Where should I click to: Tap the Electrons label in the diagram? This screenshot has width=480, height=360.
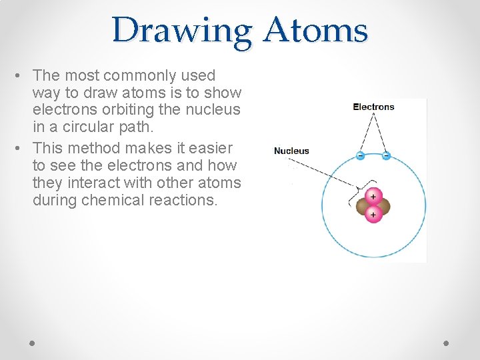tap(373, 107)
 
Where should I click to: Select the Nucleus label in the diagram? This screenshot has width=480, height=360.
tap(291, 151)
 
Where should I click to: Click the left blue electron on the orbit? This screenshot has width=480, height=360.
tap(360, 155)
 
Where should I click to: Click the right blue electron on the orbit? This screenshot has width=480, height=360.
tap(386, 155)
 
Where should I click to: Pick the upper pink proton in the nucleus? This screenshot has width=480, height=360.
tap(373, 196)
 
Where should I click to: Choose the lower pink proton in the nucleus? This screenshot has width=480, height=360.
tap(373, 214)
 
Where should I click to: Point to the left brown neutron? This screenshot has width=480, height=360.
tap(363, 205)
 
